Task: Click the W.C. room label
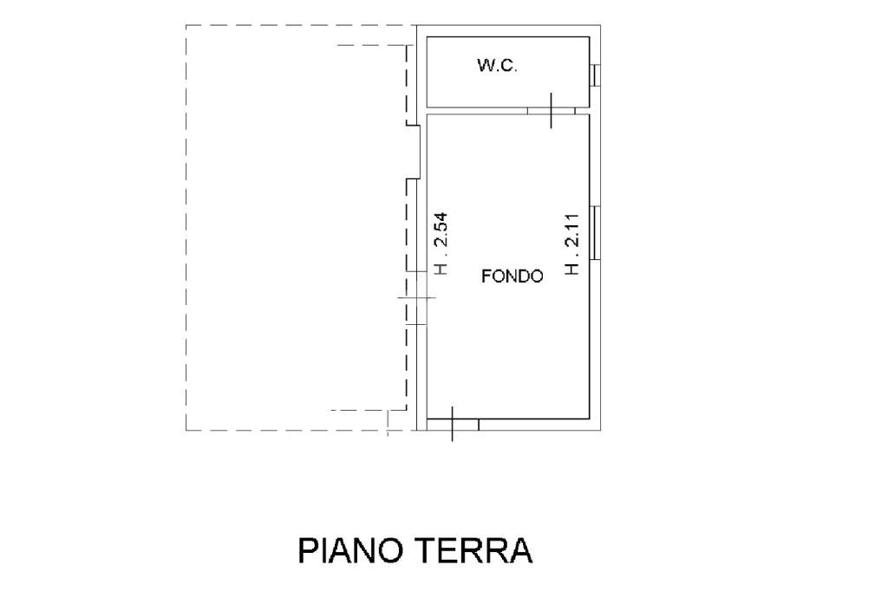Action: (498, 66)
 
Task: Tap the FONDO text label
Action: (512, 276)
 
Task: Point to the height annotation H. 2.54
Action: (441, 244)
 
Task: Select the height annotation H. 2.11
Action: (572, 244)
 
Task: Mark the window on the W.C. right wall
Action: (595, 75)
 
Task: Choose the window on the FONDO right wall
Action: (595, 232)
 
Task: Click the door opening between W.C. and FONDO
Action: (551, 111)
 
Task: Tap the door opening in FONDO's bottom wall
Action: (453, 424)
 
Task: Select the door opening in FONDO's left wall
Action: (421, 298)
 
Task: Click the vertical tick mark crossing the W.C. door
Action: (551, 111)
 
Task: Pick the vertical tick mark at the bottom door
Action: (452, 424)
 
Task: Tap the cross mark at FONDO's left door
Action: (417, 298)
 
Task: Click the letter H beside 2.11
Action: (572, 269)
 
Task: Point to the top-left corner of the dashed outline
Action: (186, 25)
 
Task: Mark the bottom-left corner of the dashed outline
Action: (186, 430)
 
